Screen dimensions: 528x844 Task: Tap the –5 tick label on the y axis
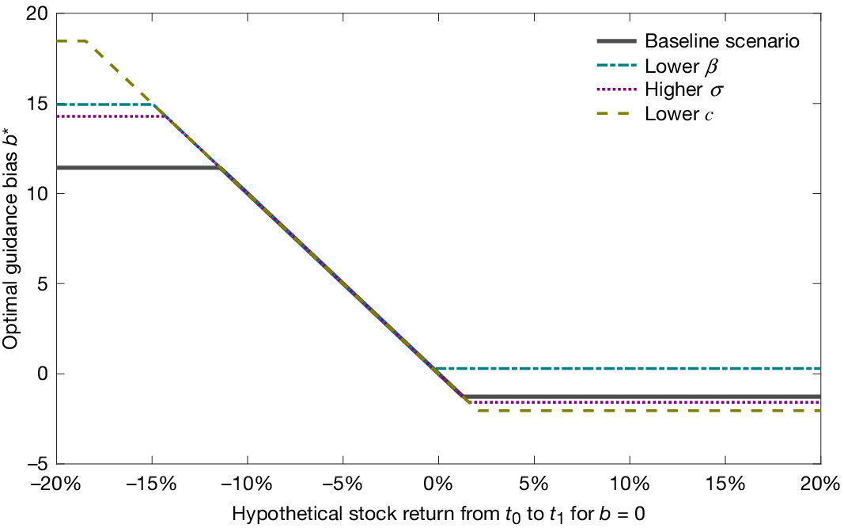[x=36, y=463]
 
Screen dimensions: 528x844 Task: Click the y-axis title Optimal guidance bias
[x=11, y=237]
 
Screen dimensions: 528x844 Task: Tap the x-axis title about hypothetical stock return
[x=438, y=514]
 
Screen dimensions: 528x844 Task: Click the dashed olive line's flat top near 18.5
[x=71, y=40]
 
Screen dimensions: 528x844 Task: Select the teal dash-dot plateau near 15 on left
[x=103, y=104]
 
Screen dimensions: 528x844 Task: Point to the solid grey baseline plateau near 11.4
[x=134, y=168]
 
